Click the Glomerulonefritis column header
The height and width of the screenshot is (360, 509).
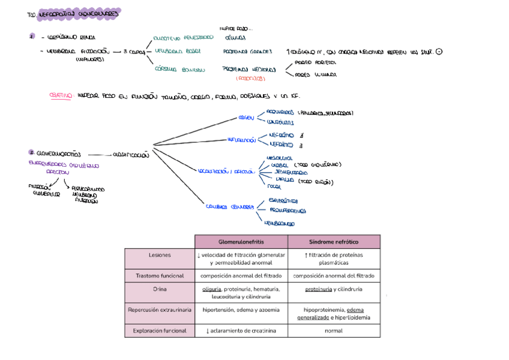pyautogui.click(x=241, y=241)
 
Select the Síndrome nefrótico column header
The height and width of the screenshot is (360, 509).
pyautogui.click(x=334, y=241)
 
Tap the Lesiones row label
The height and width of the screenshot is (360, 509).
pyautogui.click(x=160, y=255)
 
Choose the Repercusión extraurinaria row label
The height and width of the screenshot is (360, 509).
pyautogui.click(x=160, y=310)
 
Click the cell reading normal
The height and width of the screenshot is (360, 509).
pyautogui.click(x=334, y=331)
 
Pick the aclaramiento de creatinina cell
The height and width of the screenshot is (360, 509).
pyautogui.click(x=241, y=331)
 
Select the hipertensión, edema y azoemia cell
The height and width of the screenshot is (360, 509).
pyautogui.click(x=241, y=310)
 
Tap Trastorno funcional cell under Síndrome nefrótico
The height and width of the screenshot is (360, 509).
pyautogui.click(x=334, y=276)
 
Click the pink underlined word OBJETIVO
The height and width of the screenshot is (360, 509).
pyautogui.click(x=61, y=96)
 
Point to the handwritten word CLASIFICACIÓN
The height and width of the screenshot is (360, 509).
pyautogui.click(x=131, y=155)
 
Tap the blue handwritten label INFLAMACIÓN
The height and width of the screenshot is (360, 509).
pyautogui.click(x=241, y=140)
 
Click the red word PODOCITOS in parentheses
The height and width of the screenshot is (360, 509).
pyautogui.click(x=248, y=79)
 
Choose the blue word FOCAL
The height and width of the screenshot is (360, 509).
pyautogui.click(x=274, y=187)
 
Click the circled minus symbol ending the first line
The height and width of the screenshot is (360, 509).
pyautogui.click(x=440, y=52)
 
